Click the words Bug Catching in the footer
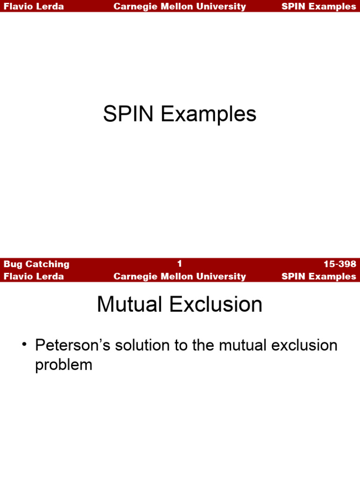click(37, 264)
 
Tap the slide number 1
click(180, 264)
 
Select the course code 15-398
click(339, 264)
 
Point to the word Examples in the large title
click(209, 114)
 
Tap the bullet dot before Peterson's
click(24, 345)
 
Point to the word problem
click(64, 365)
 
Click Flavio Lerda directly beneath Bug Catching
click(34, 277)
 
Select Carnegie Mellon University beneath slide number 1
click(180, 277)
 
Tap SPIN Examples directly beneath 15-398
click(319, 277)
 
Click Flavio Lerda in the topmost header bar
click(34, 7)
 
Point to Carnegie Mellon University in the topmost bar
click(180, 7)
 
